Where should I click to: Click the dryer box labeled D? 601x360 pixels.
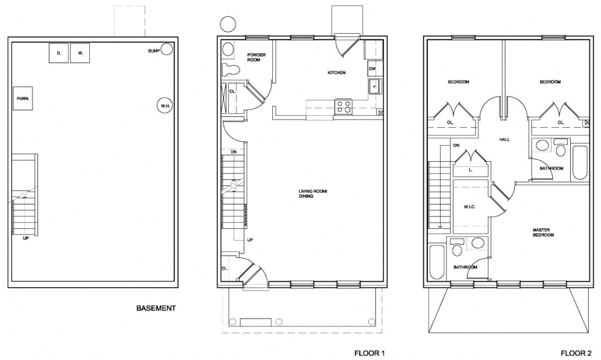[x=59, y=53]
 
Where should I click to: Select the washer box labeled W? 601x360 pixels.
[x=80, y=53]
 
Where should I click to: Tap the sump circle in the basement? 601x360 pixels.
[x=167, y=49]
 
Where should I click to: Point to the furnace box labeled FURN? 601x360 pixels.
[x=21, y=98]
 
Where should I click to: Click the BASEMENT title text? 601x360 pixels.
[x=156, y=308]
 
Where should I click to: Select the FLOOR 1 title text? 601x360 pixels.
[x=370, y=353]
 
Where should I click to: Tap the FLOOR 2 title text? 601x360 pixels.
[x=575, y=353]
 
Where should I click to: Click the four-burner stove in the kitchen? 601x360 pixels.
[x=344, y=106]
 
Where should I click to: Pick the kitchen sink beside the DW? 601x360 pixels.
[x=375, y=86]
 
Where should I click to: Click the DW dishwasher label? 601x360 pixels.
[x=372, y=69]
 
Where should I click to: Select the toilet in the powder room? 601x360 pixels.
[x=231, y=70]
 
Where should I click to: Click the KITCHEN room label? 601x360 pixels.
[x=336, y=73]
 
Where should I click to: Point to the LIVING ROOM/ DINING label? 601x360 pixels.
[x=313, y=195]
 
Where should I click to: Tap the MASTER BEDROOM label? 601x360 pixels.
[x=543, y=232]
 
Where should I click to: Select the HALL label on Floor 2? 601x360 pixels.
[x=504, y=140]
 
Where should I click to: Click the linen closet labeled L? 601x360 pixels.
[x=470, y=170]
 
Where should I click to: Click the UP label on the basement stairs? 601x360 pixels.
[x=26, y=238]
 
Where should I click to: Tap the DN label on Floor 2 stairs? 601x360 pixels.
[x=456, y=145]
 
